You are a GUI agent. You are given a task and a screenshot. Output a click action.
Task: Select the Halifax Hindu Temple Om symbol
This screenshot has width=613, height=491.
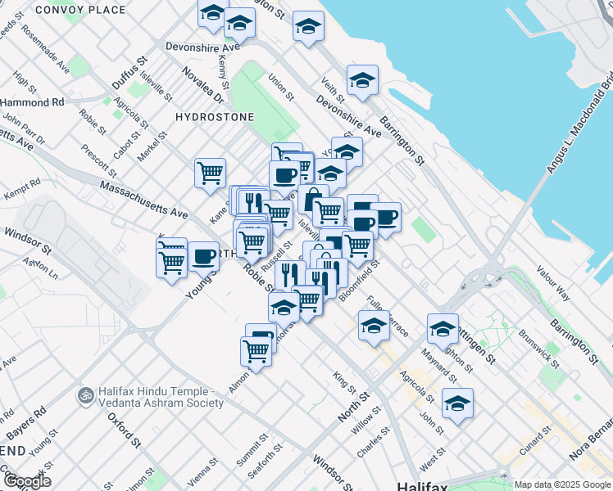(82, 395)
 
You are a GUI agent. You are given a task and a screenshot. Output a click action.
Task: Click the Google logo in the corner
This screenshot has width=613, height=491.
(26, 480)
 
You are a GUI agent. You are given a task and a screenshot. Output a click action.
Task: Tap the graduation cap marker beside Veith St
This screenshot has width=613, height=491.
(361, 81)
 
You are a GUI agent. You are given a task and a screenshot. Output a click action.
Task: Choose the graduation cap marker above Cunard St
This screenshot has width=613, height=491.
(457, 403)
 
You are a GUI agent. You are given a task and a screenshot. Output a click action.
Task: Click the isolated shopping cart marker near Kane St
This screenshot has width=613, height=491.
(211, 173)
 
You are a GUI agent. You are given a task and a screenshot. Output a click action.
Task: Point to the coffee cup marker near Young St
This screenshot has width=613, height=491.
(203, 256)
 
